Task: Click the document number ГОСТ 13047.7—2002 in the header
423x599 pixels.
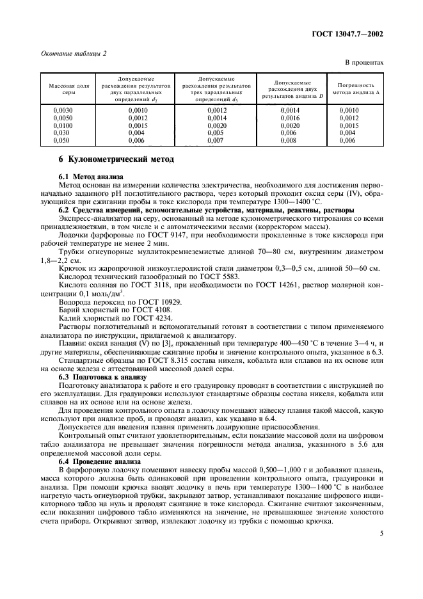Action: (x=348, y=34)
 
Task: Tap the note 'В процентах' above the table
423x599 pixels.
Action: (x=363, y=63)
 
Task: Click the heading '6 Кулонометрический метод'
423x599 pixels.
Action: (x=112, y=159)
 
